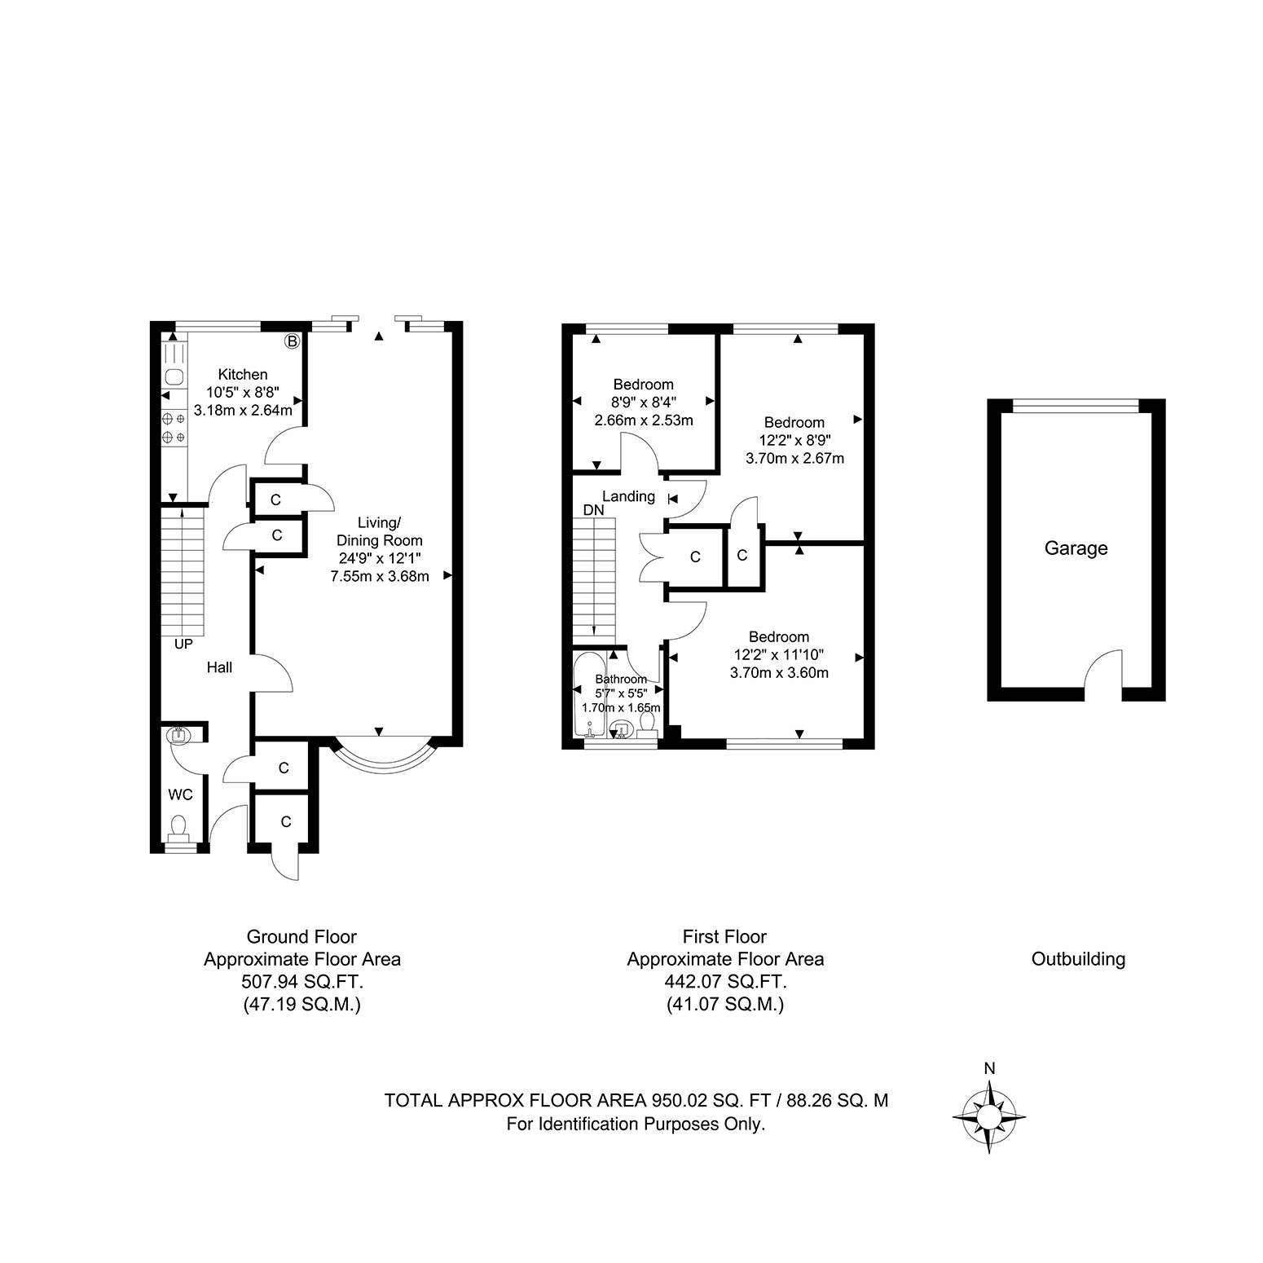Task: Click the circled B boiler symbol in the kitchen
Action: [292, 341]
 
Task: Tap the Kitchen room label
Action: [243, 374]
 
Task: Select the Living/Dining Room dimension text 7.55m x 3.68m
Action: [380, 576]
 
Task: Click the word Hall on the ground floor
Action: [219, 667]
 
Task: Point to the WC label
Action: [180, 794]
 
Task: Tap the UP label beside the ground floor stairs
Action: [183, 644]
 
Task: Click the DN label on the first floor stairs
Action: [594, 510]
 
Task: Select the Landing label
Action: [628, 496]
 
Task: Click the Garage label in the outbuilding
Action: [1076, 548]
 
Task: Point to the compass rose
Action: [989, 1117]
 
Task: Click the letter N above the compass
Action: [989, 1068]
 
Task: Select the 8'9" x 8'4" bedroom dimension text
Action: [644, 402]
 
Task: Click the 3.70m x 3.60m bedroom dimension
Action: [779, 673]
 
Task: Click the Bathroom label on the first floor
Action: [621, 679]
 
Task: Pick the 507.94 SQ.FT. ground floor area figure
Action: [302, 982]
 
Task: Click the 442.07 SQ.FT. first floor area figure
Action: [725, 982]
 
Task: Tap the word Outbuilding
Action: [1078, 959]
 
